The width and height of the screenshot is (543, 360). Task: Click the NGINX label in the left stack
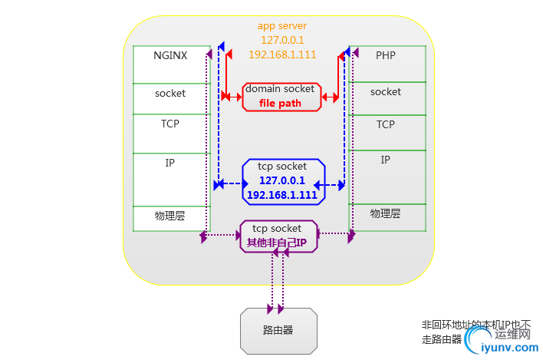coord(170,55)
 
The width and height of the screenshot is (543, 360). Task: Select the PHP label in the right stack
coord(386,55)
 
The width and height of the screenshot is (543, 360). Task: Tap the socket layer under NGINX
coord(170,94)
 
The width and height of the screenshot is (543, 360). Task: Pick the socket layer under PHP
coord(386,92)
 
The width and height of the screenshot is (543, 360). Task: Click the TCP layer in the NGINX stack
coord(170,124)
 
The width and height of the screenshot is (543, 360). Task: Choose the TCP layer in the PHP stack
coord(386,124)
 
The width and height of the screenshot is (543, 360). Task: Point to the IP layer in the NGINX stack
coord(170,163)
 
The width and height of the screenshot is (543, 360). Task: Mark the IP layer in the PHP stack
coord(386,160)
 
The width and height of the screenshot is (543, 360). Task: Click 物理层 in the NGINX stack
coord(170,216)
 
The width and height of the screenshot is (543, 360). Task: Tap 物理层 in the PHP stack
coord(386,213)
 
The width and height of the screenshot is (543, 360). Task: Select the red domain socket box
coord(281,96)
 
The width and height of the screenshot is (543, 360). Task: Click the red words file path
coord(280,104)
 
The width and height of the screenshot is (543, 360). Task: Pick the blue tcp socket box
coord(282,181)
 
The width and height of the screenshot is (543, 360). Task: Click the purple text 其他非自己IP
coord(276,243)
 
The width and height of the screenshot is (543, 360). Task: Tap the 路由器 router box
coord(278,331)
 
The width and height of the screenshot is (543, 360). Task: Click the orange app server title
coord(282,26)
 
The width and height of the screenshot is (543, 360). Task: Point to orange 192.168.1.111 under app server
coord(282,54)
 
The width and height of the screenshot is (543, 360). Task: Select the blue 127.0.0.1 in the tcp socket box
coord(282,180)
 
